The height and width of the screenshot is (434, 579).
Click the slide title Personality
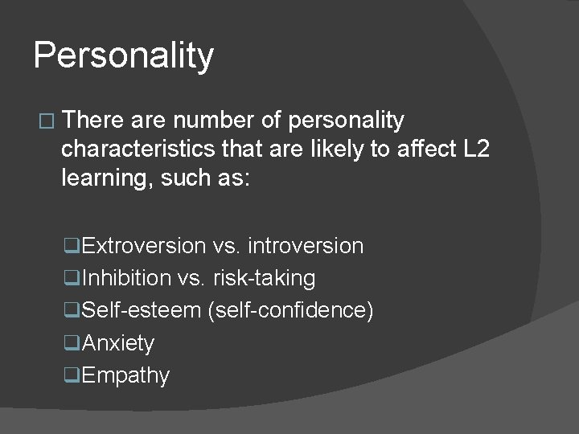click(x=124, y=56)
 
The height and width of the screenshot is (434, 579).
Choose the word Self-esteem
click(x=142, y=310)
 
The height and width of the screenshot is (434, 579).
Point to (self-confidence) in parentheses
click(x=291, y=310)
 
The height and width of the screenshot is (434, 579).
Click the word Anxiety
click(x=118, y=343)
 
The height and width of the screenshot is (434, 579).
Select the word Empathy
click(x=125, y=375)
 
